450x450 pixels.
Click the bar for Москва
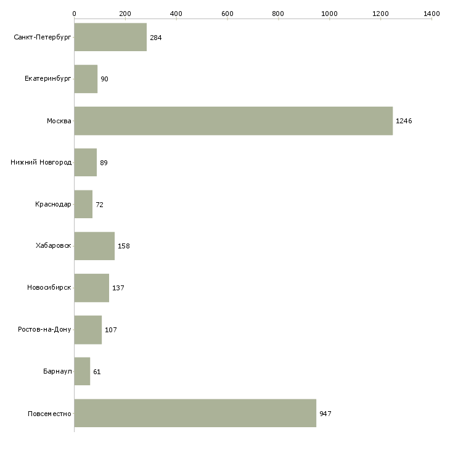234,121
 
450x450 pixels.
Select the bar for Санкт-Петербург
110,37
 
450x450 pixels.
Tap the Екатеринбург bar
86,79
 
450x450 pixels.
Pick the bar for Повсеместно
195,413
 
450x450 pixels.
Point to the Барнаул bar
83,371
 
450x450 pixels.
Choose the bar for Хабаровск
95,246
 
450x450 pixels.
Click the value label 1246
404,121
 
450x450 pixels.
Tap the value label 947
325,414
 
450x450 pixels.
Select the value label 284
156,38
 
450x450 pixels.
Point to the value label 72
100,205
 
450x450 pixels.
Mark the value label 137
118,288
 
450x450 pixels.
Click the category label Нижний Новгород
41,163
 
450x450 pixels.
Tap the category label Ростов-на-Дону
44,329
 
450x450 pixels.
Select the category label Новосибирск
49,287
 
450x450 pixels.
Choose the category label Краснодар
53,204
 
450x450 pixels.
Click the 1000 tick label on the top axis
329,14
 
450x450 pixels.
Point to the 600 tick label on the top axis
227,14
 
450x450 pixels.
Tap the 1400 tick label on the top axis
432,14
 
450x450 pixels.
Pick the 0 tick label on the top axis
75,14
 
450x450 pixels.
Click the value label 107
111,330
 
